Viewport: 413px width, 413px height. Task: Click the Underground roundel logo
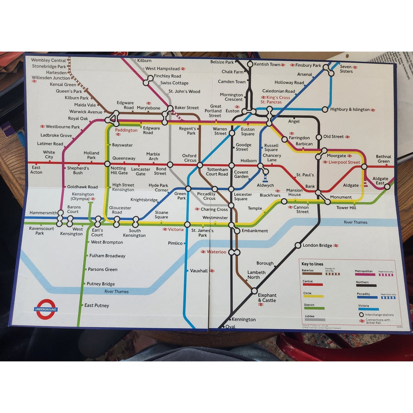pos(46,309)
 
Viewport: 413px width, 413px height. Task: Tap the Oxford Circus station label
pos(189,158)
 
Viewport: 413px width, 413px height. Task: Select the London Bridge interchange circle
pos(298,245)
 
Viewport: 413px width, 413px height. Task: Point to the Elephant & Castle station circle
pos(254,291)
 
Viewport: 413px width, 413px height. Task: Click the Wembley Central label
pos(48,60)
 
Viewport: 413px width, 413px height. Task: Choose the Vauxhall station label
pos(199,271)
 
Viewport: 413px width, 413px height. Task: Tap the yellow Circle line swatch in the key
pos(314,296)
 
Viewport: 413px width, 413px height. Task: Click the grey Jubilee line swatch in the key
pos(315,320)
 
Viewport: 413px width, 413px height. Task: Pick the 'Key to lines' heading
pos(312,264)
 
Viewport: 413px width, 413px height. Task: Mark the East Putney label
pos(97,305)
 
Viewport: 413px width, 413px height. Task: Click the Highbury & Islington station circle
pos(325,109)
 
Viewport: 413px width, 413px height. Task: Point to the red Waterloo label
pos(216,252)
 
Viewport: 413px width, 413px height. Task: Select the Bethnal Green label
pos(383,159)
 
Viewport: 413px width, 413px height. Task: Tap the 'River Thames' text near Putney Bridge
pos(117,292)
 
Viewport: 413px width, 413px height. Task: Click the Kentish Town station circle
pos(250,64)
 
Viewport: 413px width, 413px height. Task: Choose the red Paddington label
pos(126,130)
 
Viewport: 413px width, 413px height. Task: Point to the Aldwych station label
pos(265,185)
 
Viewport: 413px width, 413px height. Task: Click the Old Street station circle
pos(319,137)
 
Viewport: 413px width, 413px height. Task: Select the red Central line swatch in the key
pos(313,285)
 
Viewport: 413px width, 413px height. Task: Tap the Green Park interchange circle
pos(188,188)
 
